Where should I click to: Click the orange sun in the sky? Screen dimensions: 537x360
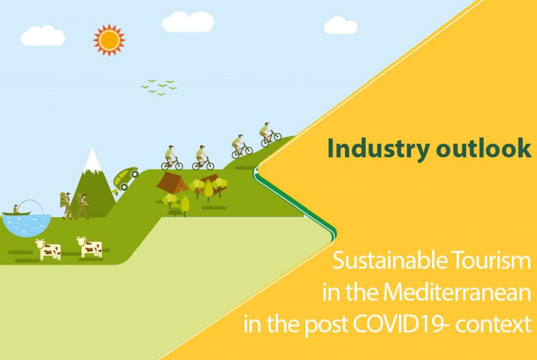109,40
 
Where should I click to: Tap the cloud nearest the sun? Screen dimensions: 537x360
43,36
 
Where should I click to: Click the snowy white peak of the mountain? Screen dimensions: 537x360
92,161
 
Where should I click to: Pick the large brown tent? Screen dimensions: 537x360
172,182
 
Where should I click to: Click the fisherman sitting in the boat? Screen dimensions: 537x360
16,209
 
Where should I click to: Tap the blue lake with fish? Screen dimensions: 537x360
26,225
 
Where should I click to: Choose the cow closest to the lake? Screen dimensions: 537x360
48,249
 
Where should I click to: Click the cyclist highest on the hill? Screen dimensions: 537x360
270,135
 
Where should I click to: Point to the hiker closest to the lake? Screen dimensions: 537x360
66,205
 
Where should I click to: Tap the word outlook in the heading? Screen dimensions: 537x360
484,148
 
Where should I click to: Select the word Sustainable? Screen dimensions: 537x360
390,260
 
